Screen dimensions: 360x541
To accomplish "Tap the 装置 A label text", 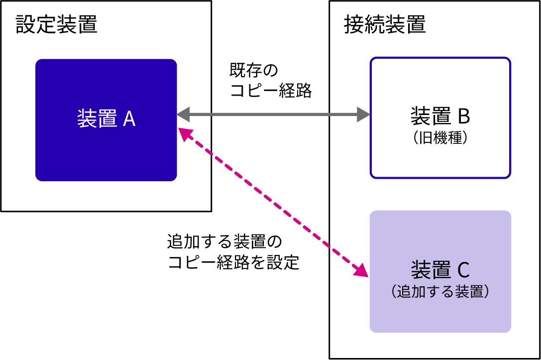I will [x=106, y=119].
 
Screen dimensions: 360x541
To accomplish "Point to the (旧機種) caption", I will [x=440, y=138].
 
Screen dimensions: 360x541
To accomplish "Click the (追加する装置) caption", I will [x=440, y=292].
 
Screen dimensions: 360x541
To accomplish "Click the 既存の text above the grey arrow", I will [x=253, y=70].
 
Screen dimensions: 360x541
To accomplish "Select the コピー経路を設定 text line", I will [x=233, y=262].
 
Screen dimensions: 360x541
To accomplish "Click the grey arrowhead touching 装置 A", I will [x=183, y=115].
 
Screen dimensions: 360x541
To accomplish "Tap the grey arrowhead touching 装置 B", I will [x=364, y=115].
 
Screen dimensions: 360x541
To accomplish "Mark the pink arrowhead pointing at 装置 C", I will [x=362, y=270].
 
